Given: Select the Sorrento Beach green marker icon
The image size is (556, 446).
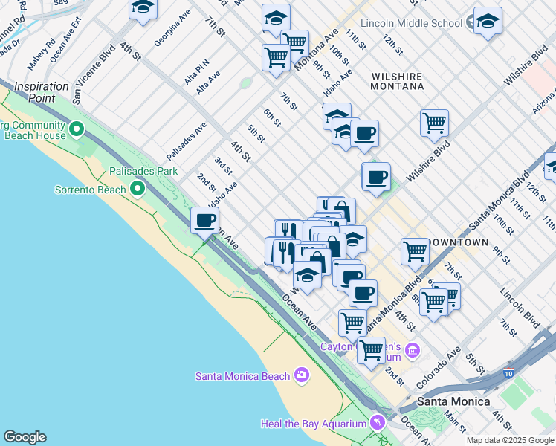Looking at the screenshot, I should pyautogui.click(x=137, y=190).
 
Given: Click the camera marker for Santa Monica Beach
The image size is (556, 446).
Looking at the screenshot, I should pyautogui.click(x=301, y=375).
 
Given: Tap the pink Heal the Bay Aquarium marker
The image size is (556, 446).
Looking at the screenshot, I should pyautogui.click(x=378, y=423).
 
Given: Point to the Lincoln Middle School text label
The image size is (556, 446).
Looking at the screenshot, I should pyautogui.click(x=411, y=23).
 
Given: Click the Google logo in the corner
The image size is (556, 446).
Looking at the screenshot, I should pyautogui.click(x=25, y=437).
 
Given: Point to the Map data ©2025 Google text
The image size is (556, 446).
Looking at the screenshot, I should pyautogui.click(x=511, y=440).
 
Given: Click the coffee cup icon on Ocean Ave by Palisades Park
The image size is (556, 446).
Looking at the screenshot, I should pyautogui.click(x=204, y=220).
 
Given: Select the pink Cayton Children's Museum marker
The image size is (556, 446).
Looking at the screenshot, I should pyautogui.click(x=412, y=349).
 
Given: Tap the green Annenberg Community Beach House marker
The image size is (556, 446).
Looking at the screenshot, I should pyautogui.click(x=76, y=131).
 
